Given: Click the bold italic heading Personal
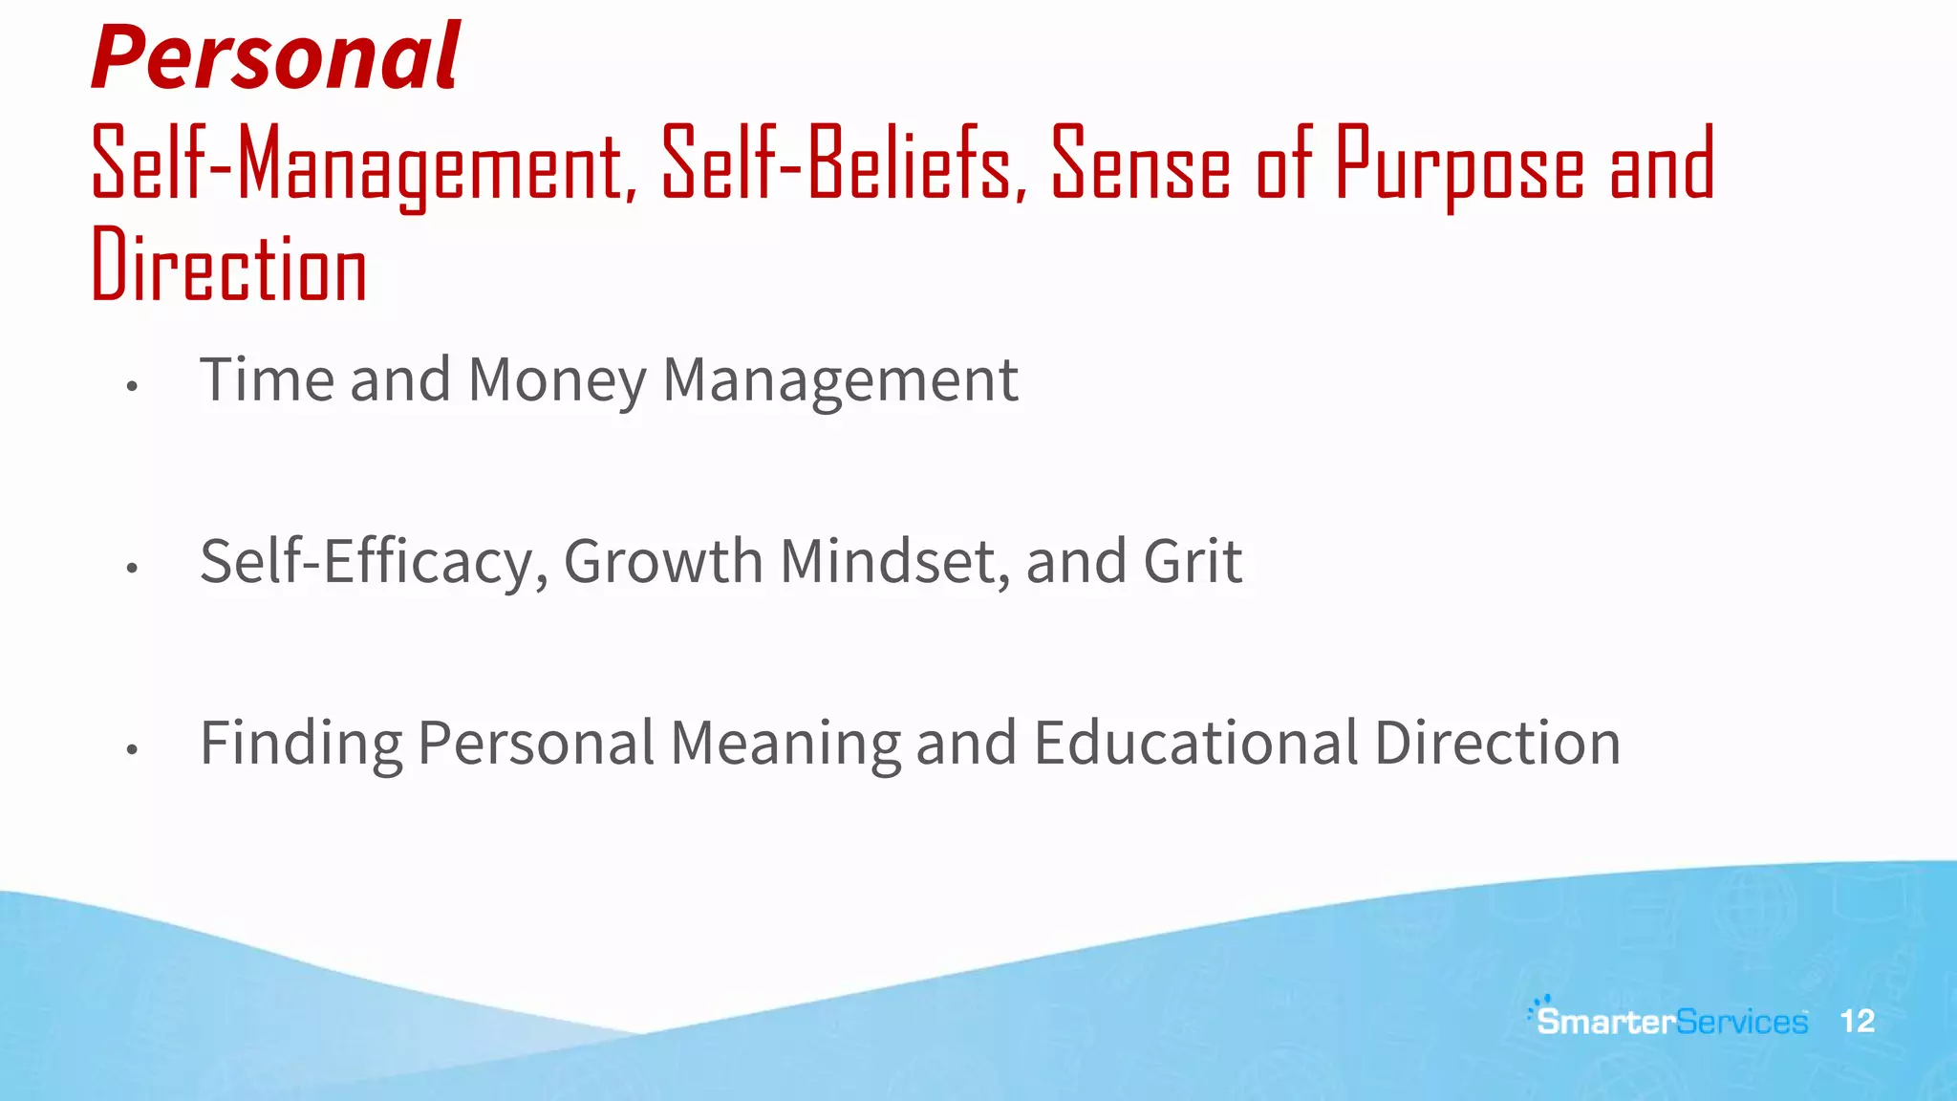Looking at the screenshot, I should click(275, 57).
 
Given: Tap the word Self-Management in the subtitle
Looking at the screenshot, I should click(363, 164).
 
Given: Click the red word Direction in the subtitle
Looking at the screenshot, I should click(229, 266).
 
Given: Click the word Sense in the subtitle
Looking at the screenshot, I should click(1141, 164).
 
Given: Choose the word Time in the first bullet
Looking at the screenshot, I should click(267, 379).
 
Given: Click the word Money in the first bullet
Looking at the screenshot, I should click(557, 379).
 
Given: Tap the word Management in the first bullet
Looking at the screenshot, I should click(840, 379).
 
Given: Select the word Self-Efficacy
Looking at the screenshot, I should click(374, 561).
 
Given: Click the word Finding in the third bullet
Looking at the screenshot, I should click(301, 744).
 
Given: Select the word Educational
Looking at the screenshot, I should click(1195, 744).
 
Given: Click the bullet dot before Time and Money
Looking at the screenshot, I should click(132, 386).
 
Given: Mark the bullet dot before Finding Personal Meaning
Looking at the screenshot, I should click(132, 750).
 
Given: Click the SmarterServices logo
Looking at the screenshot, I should click(1670, 1020).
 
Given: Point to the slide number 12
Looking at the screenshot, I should click(1857, 1021).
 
